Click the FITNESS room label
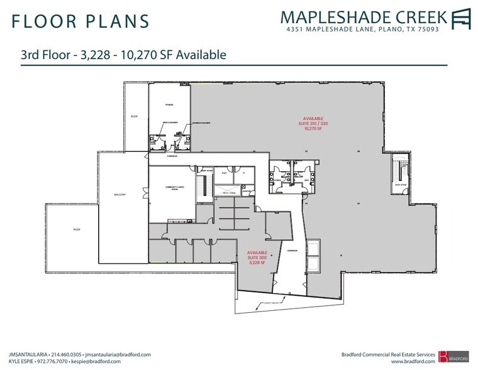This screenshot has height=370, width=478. [169, 105]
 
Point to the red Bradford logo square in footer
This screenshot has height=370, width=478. [443, 356]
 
